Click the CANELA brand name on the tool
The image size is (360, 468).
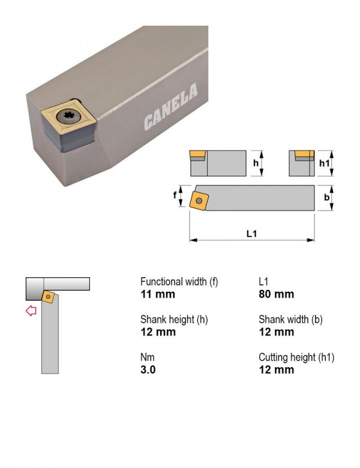point(171,107)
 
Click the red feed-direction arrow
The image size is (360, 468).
point(31,311)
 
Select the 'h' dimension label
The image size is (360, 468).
point(256,163)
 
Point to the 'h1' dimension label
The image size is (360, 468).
point(325,163)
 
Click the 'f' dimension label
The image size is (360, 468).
point(175,195)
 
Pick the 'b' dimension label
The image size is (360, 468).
point(327,197)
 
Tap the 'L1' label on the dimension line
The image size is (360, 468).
point(251,233)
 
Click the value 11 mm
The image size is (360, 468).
point(158,294)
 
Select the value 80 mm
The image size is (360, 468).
point(277,294)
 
